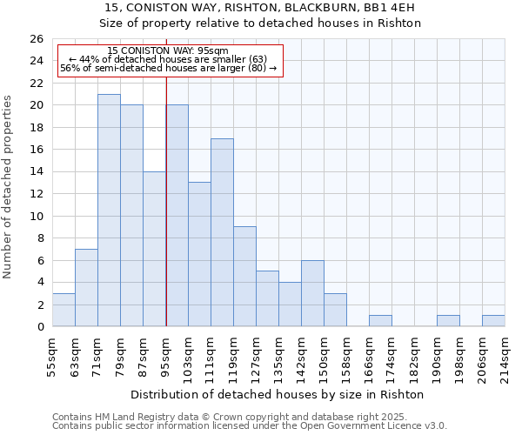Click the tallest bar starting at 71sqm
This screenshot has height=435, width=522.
click(109, 211)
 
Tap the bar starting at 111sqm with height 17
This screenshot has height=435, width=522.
click(222, 232)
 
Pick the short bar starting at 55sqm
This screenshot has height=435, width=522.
click(64, 311)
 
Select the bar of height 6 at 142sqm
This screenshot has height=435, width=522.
click(312, 293)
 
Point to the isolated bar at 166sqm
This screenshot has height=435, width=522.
click(380, 321)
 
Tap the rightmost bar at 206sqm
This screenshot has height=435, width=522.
click(493, 321)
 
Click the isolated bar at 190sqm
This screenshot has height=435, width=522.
click(448, 321)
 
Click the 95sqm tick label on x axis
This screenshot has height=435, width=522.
click(166, 355)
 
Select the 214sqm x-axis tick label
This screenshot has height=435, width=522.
click(505, 355)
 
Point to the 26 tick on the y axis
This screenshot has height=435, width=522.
click(36, 39)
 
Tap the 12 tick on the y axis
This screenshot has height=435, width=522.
click(36, 194)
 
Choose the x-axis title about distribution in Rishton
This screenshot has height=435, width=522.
click(278, 394)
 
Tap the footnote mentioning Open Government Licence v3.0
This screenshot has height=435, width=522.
click(250, 425)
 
